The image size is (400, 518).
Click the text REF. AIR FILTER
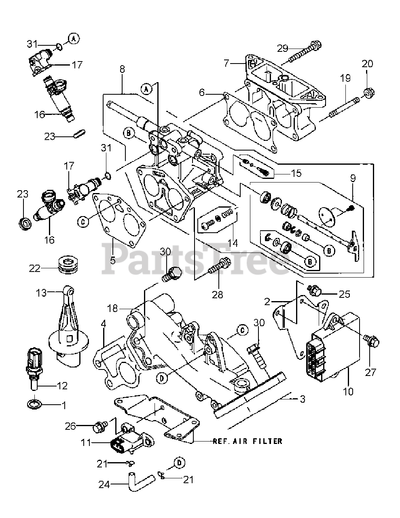pos(248,441)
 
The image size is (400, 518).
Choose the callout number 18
pos(112,308)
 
